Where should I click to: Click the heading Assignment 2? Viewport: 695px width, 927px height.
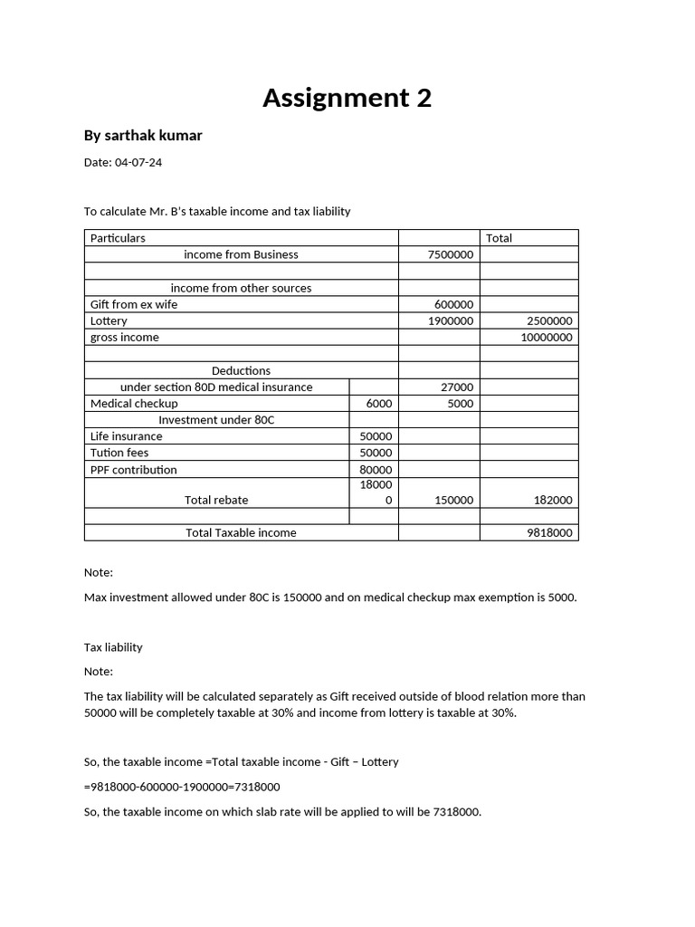click(x=347, y=98)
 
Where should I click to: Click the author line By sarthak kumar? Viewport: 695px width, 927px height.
click(x=143, y=136)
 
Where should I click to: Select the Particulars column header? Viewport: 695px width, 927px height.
click(x=118, y=238)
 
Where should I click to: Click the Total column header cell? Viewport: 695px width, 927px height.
click(x=499, y=238)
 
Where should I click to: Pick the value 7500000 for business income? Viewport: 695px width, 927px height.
click(x=450, y=255)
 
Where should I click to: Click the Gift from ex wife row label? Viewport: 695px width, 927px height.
click(x=134, y=304)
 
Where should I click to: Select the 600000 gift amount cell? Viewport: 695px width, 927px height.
click(x=453, y=305)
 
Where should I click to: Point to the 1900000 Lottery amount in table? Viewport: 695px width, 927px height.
click(x=450, y=321)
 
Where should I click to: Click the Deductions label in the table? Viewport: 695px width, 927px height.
click(x=241, y=370)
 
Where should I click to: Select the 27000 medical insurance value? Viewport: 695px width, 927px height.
click(x=456, y=387)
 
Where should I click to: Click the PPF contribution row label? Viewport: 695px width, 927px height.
click(x=134, y=470)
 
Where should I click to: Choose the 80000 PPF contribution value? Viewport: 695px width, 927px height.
click(x=376, y=470)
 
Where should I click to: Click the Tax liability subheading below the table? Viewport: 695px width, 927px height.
click(x=113, y=647)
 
